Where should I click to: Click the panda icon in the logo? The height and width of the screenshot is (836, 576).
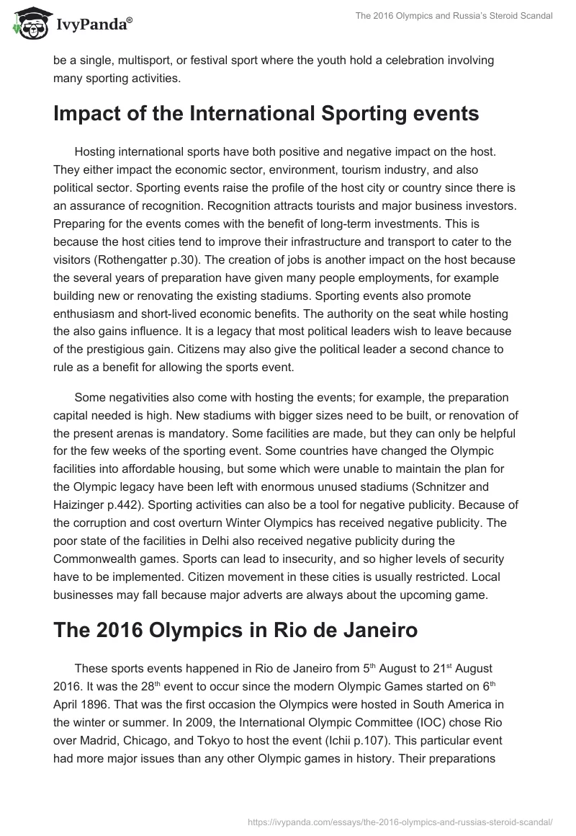point(27,24)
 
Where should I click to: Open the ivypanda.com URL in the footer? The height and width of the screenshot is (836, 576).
point(399,821)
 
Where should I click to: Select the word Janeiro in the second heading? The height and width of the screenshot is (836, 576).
point(366,629)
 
